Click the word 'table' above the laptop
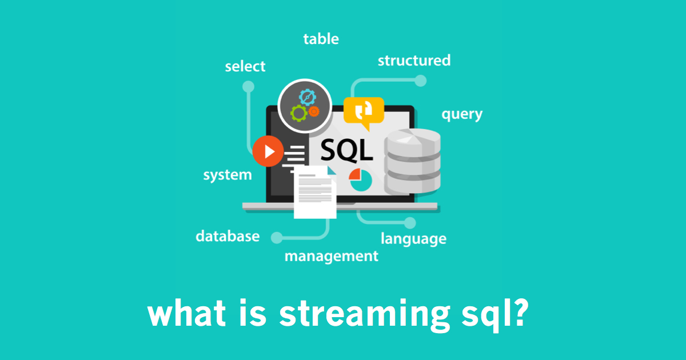pos(321,39)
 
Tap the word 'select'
pos(245,66)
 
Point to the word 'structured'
pos(414,61)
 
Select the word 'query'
pos(462,114)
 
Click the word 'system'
pos(228,175)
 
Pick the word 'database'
pos(228,236)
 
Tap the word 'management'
pos(332,257)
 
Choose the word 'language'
pos(413,239)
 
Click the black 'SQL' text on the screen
pos(346,150)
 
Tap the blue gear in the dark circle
pos(308,97)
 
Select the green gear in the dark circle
pos(298,113)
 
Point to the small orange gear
pos(314,111)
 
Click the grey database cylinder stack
pos(413,161)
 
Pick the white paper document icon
pos(315,192)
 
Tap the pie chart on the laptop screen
pos(361,180)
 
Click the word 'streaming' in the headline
pos(365,315)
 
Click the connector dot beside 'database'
pos(277,238)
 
